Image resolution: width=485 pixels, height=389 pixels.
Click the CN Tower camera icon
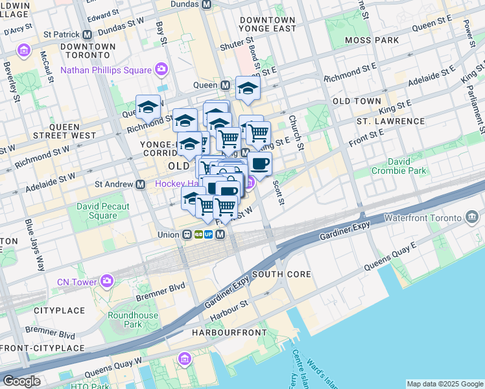tap(106, 281)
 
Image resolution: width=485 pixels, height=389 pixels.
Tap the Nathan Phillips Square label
tap(106, 70)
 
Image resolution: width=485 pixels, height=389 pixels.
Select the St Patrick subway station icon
tap(88, 34)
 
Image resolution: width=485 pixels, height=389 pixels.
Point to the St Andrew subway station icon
tap(140, 184)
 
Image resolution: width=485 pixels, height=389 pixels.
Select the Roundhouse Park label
tap(124, 320)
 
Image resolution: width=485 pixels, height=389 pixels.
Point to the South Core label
tap(282, 274)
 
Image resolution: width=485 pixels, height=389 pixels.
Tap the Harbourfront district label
tap(230, 333)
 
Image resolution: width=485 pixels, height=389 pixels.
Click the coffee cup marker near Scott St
tap(259, 165)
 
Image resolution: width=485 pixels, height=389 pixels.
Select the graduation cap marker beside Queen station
tap(247, 89)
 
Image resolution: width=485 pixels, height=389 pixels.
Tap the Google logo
tap(21, 381)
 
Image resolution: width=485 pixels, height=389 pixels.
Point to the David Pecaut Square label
tap(102, 211)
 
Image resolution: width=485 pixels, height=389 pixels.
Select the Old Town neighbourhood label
tap(357, 102)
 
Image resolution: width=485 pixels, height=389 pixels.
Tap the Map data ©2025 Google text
tap(444, 384)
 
